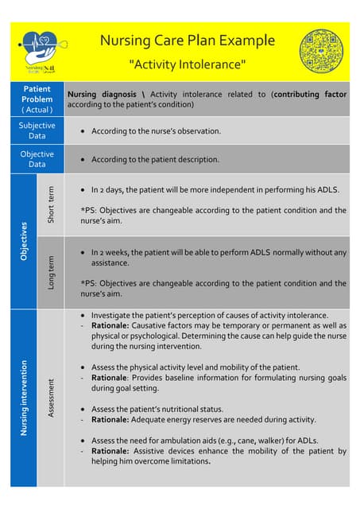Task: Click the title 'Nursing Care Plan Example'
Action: tap(188, 41)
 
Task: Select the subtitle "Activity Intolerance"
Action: tap(188, 64)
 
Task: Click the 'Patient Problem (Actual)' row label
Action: tap(37, 99)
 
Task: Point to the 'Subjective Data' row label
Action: tap(37, 130)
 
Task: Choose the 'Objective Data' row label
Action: tap(37, 159)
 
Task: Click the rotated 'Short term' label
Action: tap(51, 204)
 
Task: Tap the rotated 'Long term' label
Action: tap(51, 272)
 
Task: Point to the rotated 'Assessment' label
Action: tap(51, 397)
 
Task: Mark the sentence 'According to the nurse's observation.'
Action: tap(156, 130)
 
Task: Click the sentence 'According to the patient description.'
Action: tap(155, 159)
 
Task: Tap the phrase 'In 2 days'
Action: tap(109, 191)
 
